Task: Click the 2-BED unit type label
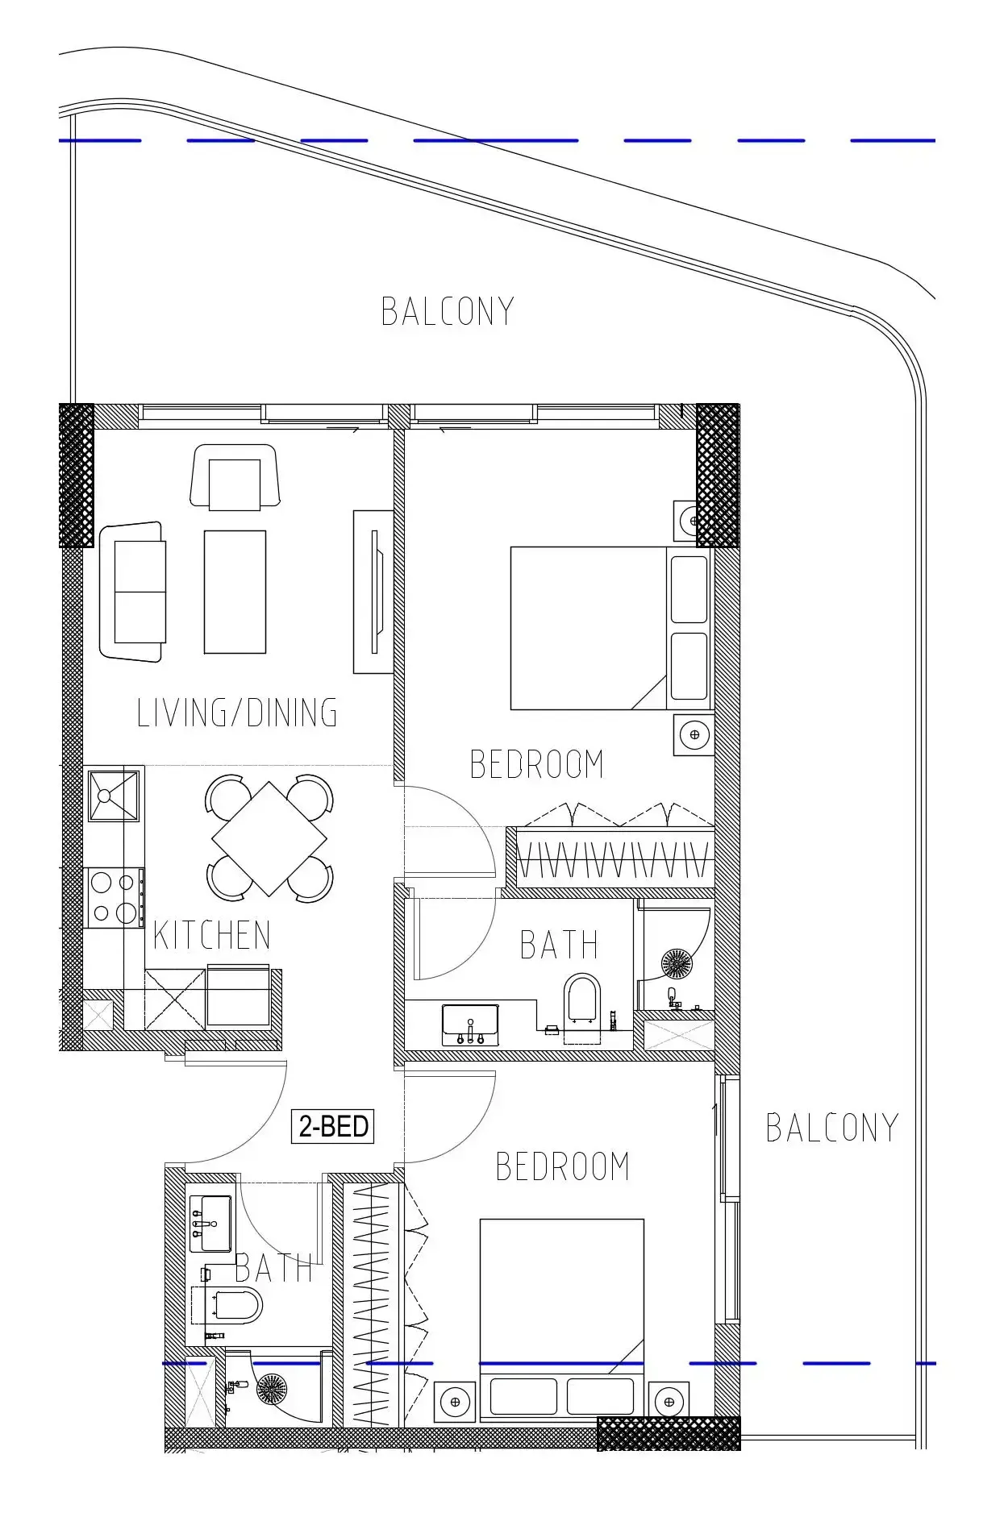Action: pyautogui.click(x=333, y=1126)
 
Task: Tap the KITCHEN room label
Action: pyautogui.click(x=211, y=936)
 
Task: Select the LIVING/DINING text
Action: pyautogui.click(x=236, y=713)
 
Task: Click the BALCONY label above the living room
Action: pyautogui.click(x=448, y=312)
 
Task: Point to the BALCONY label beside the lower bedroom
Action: pyautogui.click(x=831, y=1128)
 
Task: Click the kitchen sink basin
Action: pyautogui.click(x=113, y=796)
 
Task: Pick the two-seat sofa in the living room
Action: pyautogui.click(x=133, y=592)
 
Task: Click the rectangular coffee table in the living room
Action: pyautogui.click(x=235, y=592)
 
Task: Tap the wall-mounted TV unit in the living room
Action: pyautogui.click(x=373, y=592)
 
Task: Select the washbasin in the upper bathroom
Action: pyautogui.click(x=470, y=1023)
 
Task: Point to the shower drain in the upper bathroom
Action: pyautogui.click(x=676, y=962)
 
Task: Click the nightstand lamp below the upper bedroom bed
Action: pyautogui.click(x=694, y=734)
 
